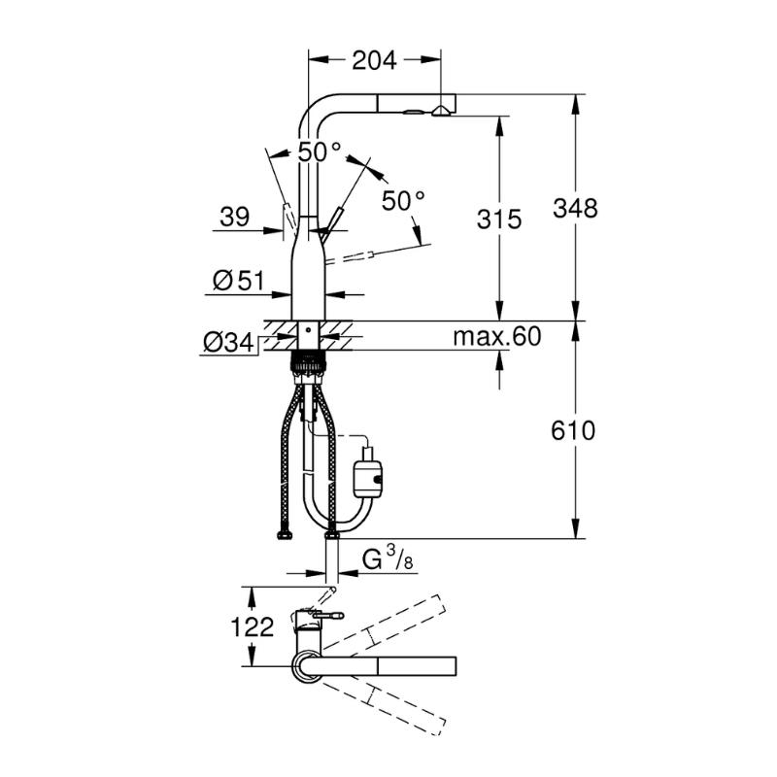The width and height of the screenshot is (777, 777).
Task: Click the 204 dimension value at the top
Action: point(374,60)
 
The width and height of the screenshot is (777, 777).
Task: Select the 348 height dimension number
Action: point(575,208)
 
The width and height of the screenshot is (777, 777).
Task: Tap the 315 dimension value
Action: point(499,220)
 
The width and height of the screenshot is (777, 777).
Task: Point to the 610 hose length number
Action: point(573,430)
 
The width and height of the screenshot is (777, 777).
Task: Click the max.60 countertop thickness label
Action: point(497,336)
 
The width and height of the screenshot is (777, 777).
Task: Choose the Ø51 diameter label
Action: point(239,281)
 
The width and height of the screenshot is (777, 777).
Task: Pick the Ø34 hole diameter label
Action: point(229,343)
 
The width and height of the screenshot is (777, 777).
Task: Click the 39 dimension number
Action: point(235,217)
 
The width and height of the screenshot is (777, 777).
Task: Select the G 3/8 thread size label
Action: point(387,559)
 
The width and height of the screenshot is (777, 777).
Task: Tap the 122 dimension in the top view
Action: point(253,626)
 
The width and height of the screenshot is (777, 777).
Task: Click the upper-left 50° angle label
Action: point(320,152)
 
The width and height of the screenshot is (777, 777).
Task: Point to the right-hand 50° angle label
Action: point(403,200)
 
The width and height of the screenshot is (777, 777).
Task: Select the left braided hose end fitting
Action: point(284,535)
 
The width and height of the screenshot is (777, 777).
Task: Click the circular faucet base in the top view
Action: point(307,667)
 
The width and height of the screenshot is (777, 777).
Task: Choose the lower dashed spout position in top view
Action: point(384,710)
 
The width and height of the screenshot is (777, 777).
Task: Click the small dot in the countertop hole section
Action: point(307,329)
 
